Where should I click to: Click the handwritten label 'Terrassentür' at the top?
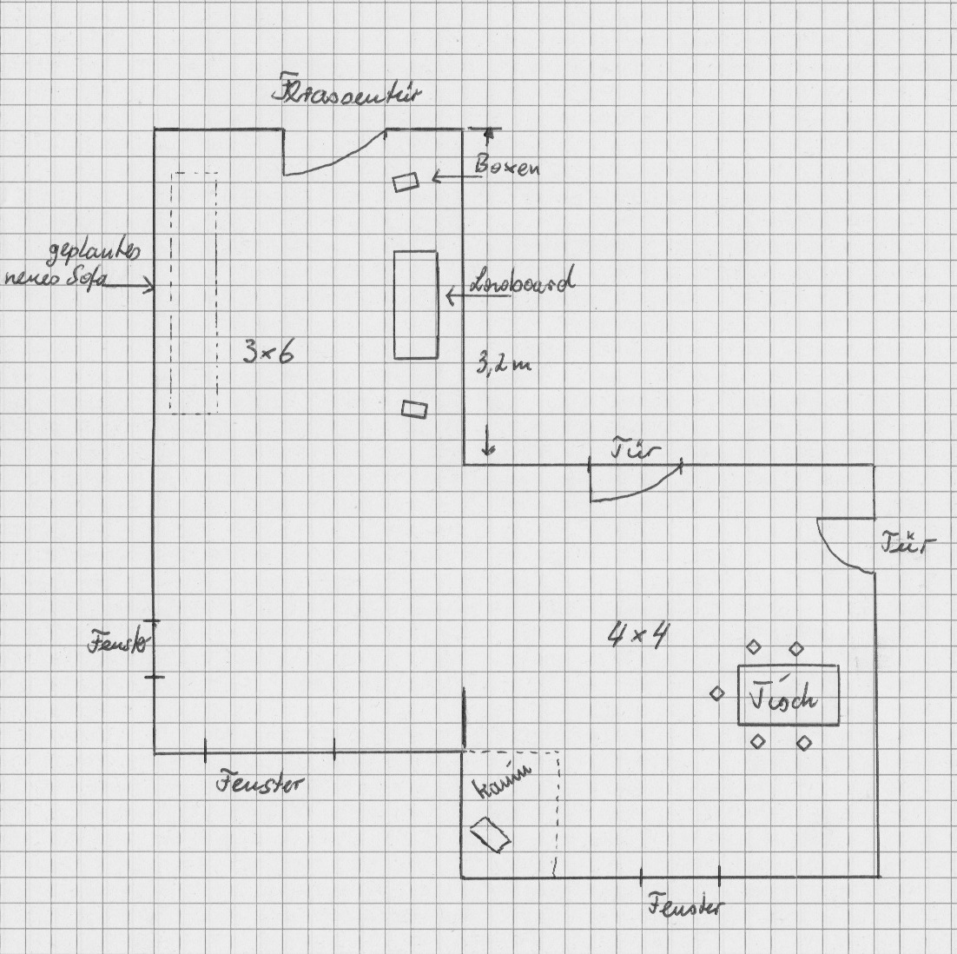[x=346, y=94]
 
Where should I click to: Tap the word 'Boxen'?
[x=506, y=165]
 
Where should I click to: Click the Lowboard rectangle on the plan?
[x=416, y=304]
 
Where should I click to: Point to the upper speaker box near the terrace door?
[x=406, y=182]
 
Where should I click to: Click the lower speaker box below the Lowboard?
[x=415, y=408]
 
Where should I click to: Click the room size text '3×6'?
[x=267, y=352]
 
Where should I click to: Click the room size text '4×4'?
[x=637, y=636]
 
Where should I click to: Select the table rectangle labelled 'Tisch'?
[x=789, y=695]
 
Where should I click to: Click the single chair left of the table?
[x=717, y=693]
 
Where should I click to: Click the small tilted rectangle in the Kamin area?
[x=490, y=836]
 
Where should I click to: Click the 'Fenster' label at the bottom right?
[x=684, y=907]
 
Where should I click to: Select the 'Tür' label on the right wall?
[x=908, y=545]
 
